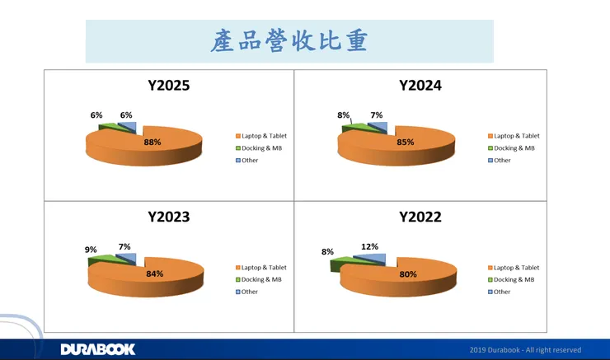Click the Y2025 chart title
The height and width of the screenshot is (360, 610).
click(x=169, y=85)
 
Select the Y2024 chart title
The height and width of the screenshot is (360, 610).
click(x=420, y=85)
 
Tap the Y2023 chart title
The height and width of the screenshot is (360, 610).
click(x=169, y=217)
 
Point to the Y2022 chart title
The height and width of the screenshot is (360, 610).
click(x=420, y=217)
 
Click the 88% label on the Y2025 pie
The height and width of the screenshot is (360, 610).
click(x=152, y=142)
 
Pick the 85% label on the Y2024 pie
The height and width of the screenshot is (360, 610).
click(x=405, y=142)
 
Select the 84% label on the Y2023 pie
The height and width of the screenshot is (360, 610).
click(x=154, y=274)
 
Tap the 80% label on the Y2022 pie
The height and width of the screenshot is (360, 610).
click(x=407, y=274)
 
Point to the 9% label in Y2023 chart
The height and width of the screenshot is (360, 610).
click(x=91, y=250)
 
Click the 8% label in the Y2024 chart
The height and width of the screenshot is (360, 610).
click(x=343, y=115)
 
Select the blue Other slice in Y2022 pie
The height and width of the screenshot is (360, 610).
click(x=376, y=260)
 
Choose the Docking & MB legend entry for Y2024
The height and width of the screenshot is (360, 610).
click(x=512, y=148)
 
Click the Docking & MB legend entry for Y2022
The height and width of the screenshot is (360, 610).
click(x=512, y=280)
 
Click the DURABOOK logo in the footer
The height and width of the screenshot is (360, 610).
click(x=97, y=349)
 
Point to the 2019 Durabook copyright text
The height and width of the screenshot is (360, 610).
click(x=525, y=350)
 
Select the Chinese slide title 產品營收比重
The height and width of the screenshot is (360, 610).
click(x=289, y=41)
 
